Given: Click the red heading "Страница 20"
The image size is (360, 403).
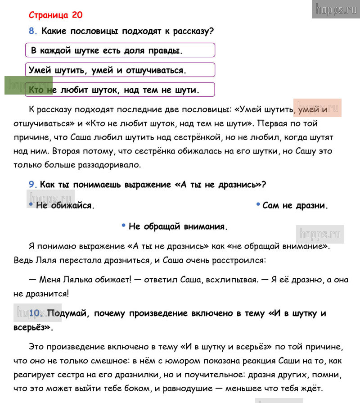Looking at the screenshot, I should [55, 15].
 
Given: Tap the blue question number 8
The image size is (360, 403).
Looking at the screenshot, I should [31, 32].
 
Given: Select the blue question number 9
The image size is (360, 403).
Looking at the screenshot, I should [31, 184].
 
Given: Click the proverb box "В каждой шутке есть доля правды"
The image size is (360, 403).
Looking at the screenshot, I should [120, 50].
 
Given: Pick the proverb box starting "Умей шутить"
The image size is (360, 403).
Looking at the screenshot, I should [120, 70].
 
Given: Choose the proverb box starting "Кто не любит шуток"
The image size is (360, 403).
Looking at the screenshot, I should [120, 90].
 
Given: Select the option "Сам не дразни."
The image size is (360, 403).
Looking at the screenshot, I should [295, 206].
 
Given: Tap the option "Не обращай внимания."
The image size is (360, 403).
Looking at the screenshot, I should [178, 226].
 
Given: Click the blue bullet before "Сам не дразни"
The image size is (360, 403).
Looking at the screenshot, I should [258, 204].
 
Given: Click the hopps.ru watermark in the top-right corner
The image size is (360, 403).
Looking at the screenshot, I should [336, 9].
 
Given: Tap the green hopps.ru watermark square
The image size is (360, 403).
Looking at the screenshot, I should [28, 86].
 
